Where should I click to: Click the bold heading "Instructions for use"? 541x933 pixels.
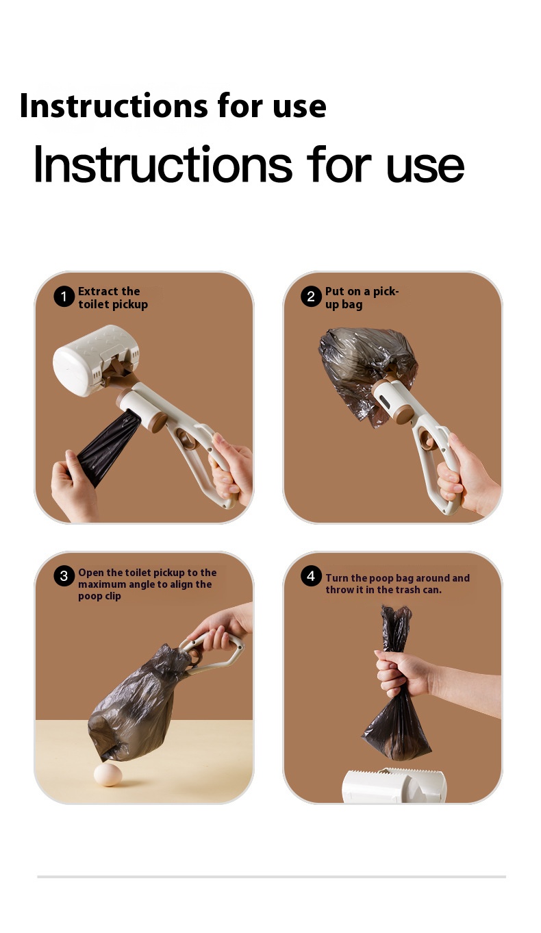coord(173,105)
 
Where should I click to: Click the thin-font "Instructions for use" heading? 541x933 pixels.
coord(249,164)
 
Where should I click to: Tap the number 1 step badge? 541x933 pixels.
coord(64,297)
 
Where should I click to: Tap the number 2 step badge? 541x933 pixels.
coord(311,297)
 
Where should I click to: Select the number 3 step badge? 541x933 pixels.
coord(64,576)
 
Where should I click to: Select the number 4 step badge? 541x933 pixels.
coord(311,575)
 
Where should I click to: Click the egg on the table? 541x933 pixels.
coord(108,775)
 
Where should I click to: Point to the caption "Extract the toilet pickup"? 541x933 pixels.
coord(113,297)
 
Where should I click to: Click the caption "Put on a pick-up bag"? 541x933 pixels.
coord(362,297)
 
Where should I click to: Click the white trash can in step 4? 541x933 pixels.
coord(394,785)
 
